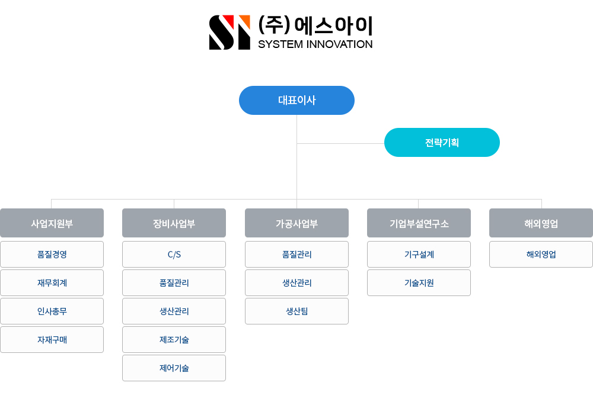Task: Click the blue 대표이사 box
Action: coord(296,101)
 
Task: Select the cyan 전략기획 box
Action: coord(442,142)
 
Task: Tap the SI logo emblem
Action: coord(229,33)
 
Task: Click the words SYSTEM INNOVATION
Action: coord(315,44)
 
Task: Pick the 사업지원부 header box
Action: coord(52,223)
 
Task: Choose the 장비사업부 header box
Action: coord(174,223)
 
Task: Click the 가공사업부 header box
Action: coord(296,223)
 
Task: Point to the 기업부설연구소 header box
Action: coord(419,223)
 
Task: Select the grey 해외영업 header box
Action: coord(541,223)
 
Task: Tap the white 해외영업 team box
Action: coord(541,255)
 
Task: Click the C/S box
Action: coord(174,255)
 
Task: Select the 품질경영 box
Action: coord(52,255)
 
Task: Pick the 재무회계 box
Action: coord(52,282)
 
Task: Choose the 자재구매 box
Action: coord(52,340)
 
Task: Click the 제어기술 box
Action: coord(174,368)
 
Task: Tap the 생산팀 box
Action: coord(296,311)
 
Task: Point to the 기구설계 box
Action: coord(419,255)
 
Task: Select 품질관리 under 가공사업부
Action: coord(296,255)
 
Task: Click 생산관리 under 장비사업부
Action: coord(174,311)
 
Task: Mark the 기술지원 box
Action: coord(419,282)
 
